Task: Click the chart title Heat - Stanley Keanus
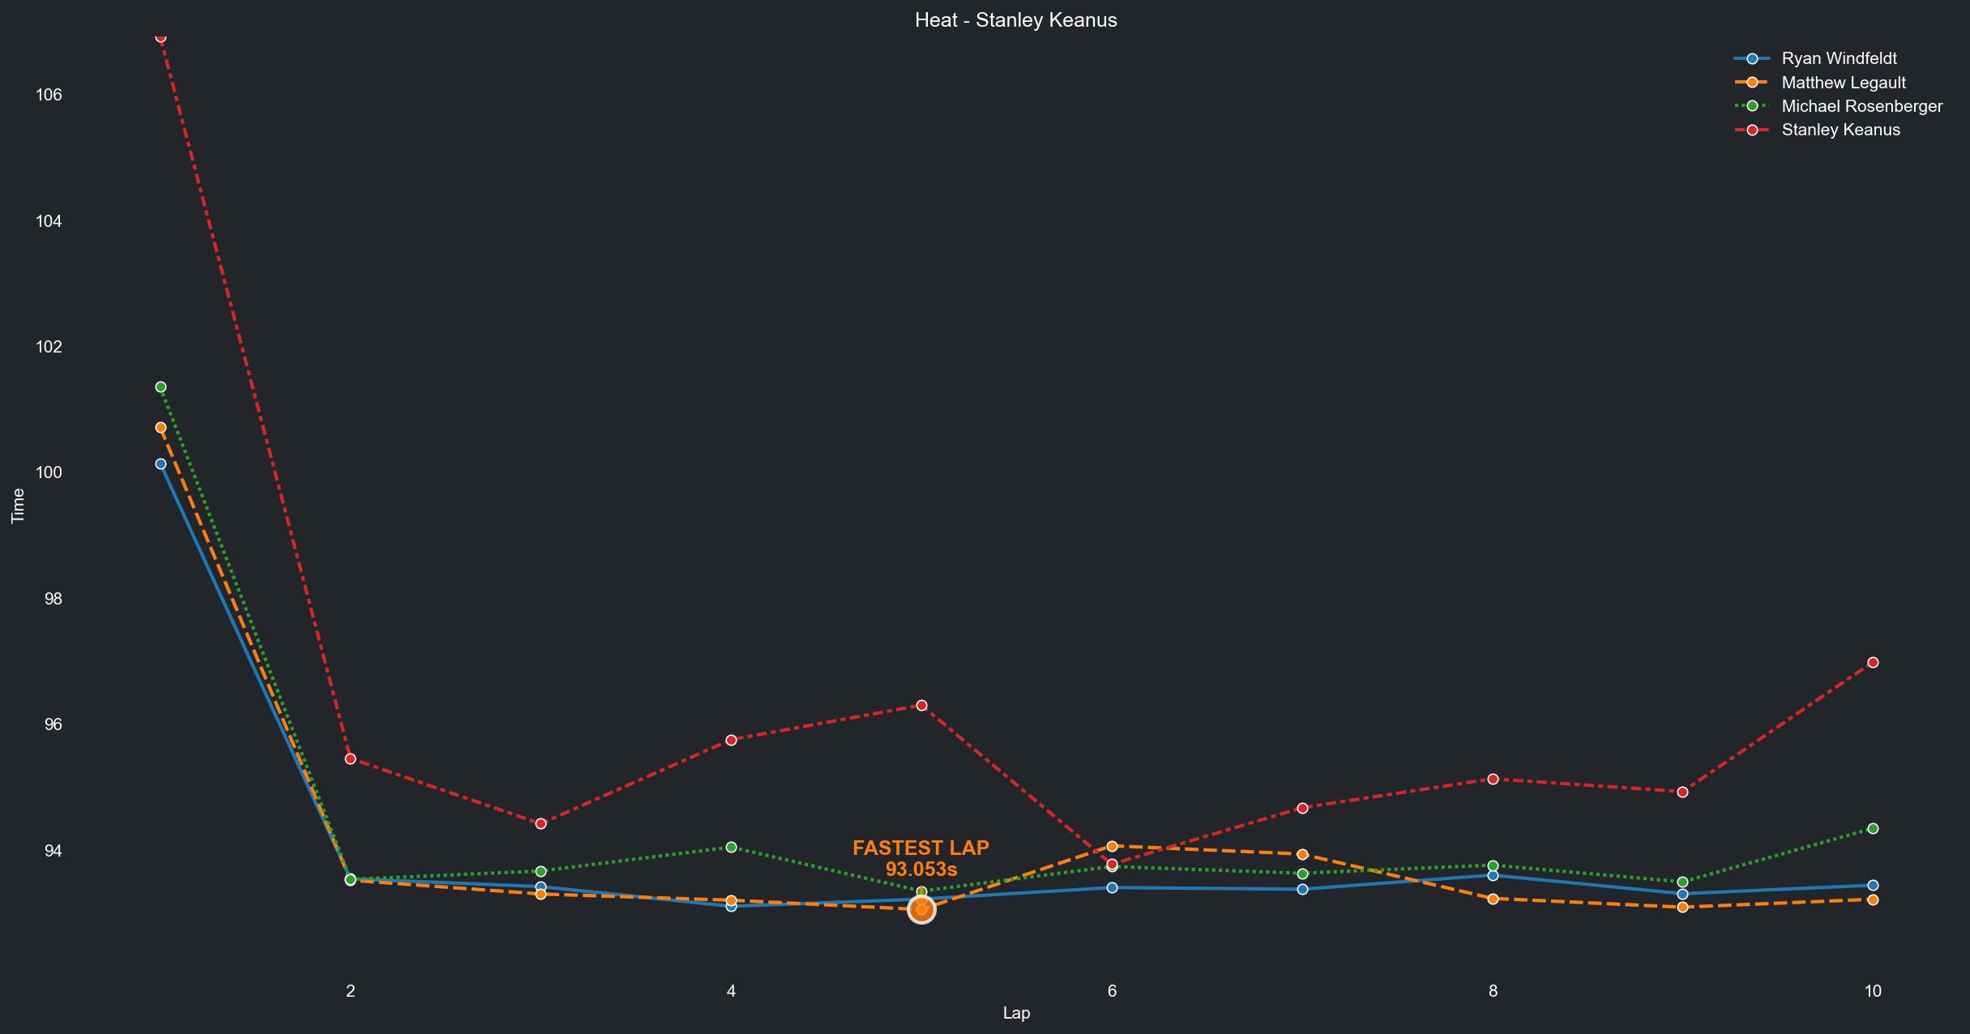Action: click(1015, 20)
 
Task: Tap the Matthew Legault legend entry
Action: click(1843, 83)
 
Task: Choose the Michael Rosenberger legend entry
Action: click(1861, 106)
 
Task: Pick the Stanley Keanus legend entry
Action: click(1840, 130)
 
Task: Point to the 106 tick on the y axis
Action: click(49, 95)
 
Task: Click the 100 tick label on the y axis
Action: click(49, 472)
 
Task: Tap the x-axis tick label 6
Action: click(1112, 990)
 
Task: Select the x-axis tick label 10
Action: click(1872, 990)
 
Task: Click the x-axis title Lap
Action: click(1016, 1013)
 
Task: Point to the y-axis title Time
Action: click(18, 506)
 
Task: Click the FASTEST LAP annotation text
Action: click(921, 848)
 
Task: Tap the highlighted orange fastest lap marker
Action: click(921, 910)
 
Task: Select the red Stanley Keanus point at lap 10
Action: click(1873, 662)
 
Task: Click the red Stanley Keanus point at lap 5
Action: click(921, 705)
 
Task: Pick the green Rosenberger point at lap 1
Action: click(160, 387)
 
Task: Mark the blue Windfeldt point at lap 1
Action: click(160, 464)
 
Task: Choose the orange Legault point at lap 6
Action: click(1112, 846)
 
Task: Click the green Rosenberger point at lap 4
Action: click(731, 847)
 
